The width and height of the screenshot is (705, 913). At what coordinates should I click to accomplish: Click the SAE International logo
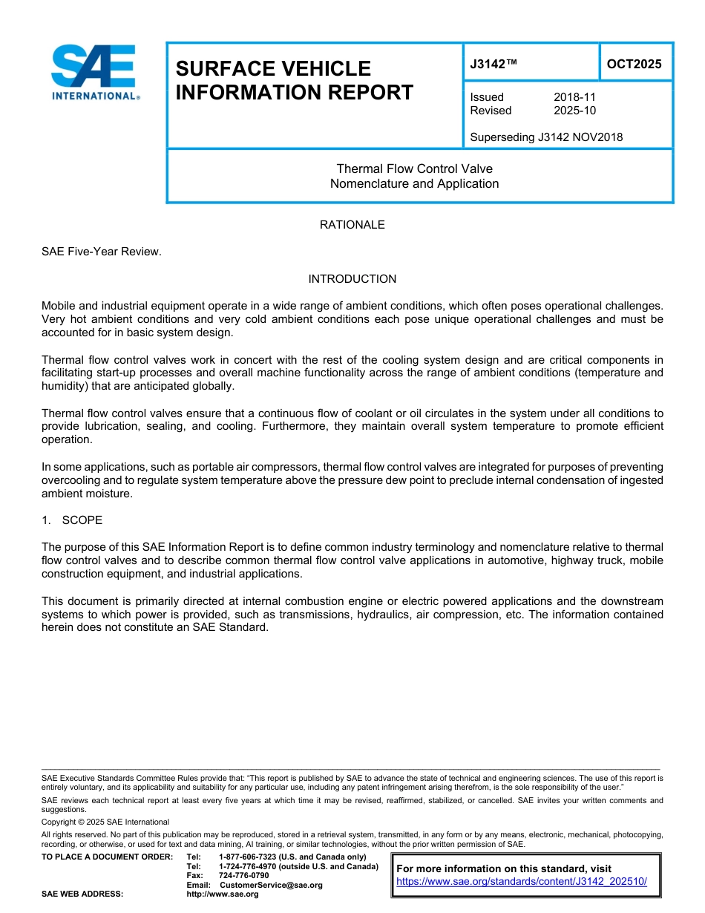click(94, 73)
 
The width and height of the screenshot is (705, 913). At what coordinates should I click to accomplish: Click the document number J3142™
click(493, 65)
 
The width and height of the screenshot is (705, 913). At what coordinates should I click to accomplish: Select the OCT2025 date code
click(634, 64)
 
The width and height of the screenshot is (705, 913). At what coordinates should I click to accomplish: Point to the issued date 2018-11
click(574, 97)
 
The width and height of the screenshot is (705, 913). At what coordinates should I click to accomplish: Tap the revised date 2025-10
click(574, 111)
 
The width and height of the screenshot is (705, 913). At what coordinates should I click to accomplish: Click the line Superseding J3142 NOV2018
click(546, 137)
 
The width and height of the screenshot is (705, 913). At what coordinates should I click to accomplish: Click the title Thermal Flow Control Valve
click(414, 169)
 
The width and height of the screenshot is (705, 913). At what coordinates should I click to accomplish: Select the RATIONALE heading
click(352, 225)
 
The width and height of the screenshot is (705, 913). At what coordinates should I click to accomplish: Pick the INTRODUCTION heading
click(352, 279)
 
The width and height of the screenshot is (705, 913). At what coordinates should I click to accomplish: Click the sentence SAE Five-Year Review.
click(102, 252)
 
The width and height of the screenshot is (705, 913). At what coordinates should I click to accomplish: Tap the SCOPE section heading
click(82, 520)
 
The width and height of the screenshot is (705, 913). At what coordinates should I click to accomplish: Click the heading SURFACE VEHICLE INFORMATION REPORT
click(294, 80)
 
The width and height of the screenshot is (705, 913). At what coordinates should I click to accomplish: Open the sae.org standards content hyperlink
click(522, 882)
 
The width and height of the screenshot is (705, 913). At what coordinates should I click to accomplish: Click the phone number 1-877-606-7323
click(250, 857)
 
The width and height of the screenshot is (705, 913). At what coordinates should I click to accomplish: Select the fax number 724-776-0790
click(243, 876)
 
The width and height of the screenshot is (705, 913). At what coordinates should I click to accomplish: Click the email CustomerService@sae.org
click(271, 885)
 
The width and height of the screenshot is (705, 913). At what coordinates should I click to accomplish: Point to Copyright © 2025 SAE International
click(105, 822)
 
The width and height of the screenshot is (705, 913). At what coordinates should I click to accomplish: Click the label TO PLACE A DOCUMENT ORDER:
click(107, 857)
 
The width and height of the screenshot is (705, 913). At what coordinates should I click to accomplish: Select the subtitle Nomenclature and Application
click(414, 184)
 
